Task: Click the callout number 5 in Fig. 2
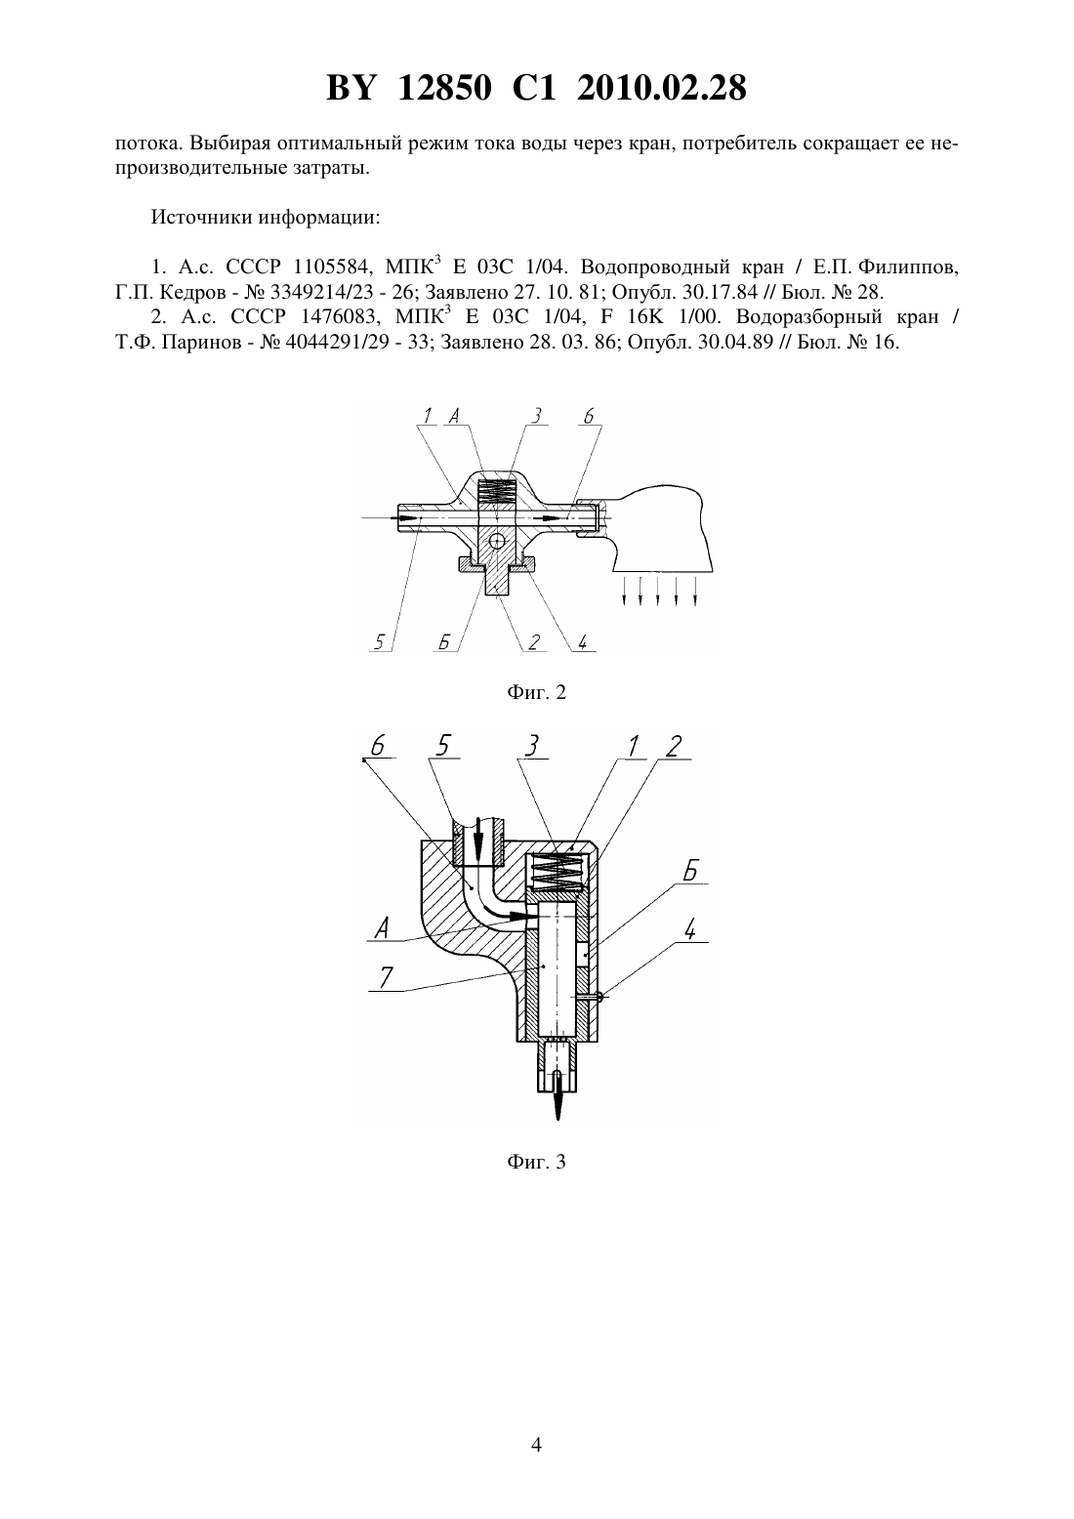pyautogui.click(x=380, y=640)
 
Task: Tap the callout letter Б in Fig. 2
pyautogui.click(x=444, y=640)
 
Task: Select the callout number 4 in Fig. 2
pyautogui.click(x=582, y=640)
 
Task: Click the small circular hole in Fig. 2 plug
pyautogui.click(x=498, y=541)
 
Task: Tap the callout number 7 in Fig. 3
pyautogui.click(x=385, y=978)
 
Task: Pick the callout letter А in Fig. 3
pyautogui.click(x=383, y=927)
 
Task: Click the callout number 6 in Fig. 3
pyautogui.click(x=378, y=746)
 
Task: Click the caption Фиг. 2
pyautogui.click(x=536, y=692)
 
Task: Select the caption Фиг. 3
pyautogui.click(x=536, y=1163)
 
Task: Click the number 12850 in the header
pyautogui.click(x=445, y=89)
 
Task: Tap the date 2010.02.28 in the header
pyautogui.click(x=662, y=89)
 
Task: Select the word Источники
pyautogui.click(x=202, y=218)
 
